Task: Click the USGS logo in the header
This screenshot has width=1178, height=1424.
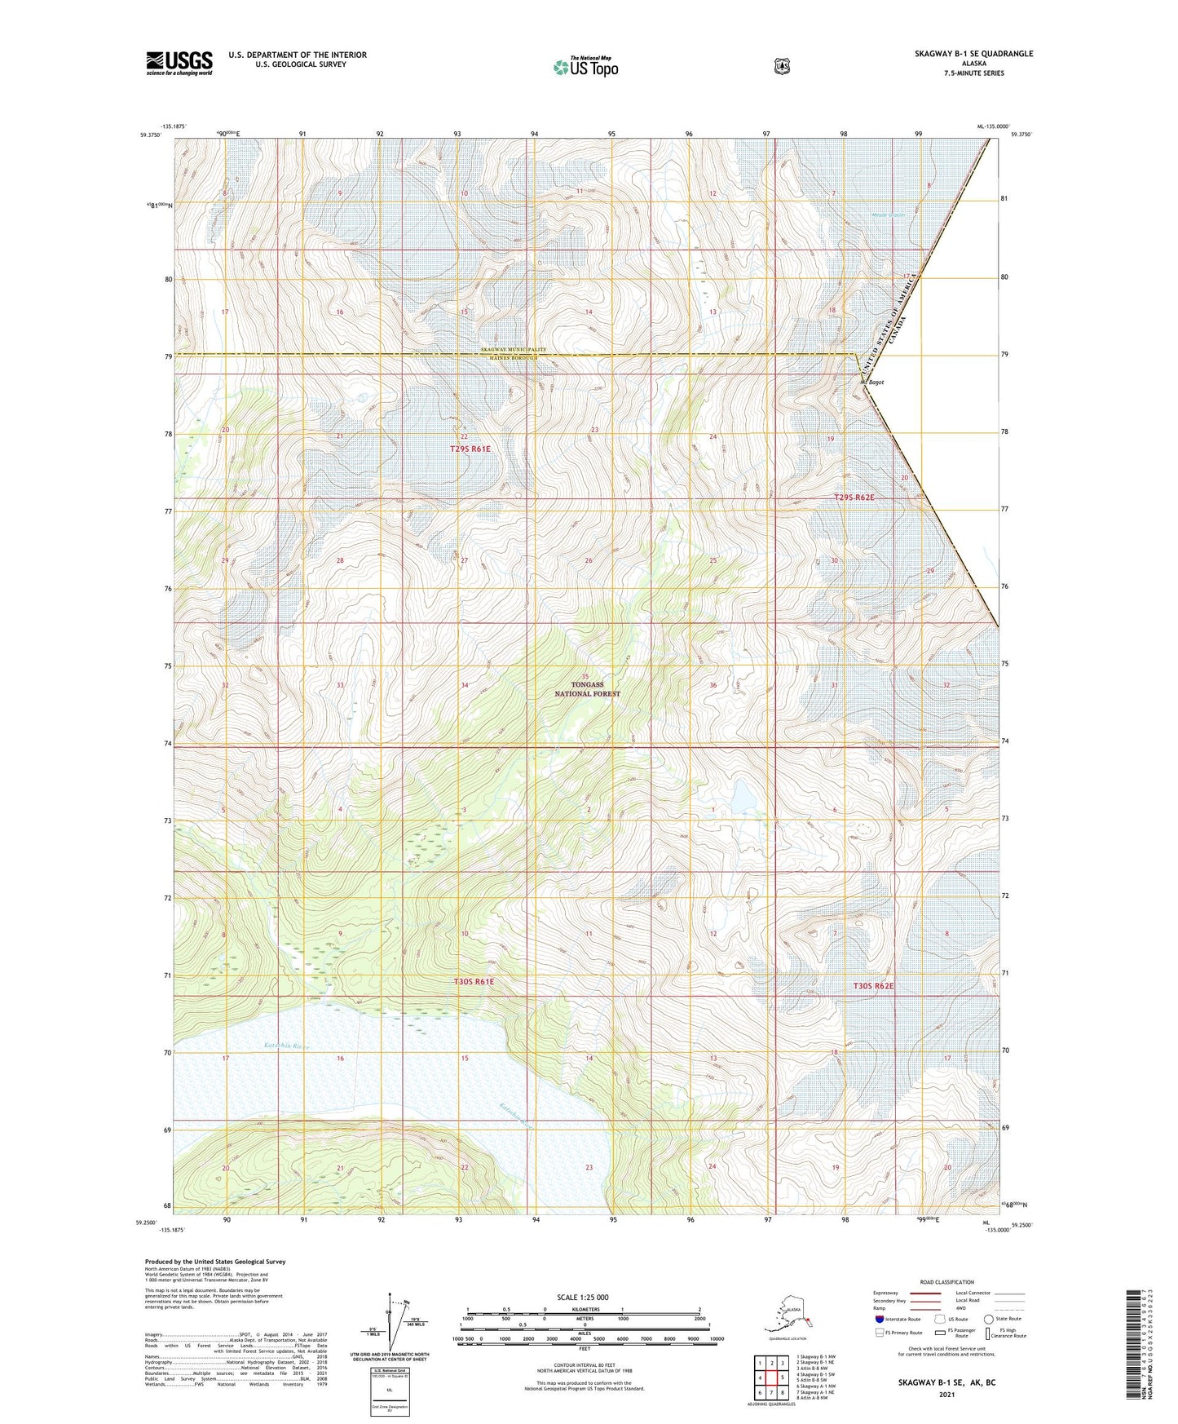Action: click(x=179, y=62)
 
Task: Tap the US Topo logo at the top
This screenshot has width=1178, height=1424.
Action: click(x=585, y=67)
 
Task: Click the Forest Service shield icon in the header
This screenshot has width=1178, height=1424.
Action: click(x=782, y=65)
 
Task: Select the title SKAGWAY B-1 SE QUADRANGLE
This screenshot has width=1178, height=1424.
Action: click(x=973, y=54)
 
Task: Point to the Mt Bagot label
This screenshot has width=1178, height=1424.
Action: click(x=872, y=382)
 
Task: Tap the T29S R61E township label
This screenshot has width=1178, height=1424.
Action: click(x=470, y=449)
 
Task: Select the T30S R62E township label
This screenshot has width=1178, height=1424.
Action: click(x=873, y=986)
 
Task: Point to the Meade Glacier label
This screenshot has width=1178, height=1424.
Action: click(x=887, y=215)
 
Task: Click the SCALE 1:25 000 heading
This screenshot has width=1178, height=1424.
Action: click(x=583, y=1297)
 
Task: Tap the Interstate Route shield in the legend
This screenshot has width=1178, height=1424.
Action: click(x=879, y=1319)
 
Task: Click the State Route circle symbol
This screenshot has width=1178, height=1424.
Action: click(x=988, y=1319)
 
